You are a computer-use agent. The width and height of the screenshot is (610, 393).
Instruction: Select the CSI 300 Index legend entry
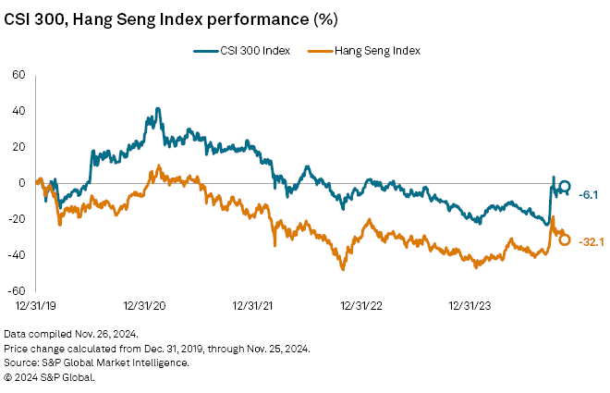pos(250,51)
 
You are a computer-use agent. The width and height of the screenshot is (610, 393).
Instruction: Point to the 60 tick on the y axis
pos(18,75)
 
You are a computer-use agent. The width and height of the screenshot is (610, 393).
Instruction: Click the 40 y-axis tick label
pos(18,111)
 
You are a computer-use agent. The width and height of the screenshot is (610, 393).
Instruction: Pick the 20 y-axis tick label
pos(18,147)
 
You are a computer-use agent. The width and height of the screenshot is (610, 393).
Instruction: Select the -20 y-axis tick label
pos(17,218)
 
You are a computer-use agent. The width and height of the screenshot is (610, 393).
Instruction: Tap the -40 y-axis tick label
pos(17,254)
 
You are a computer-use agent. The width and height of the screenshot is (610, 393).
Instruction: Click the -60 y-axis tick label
pos(17,290)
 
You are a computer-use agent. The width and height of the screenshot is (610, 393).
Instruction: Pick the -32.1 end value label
pos(591,241)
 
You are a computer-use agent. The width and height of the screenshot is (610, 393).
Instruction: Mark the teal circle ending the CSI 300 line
pos(565,186)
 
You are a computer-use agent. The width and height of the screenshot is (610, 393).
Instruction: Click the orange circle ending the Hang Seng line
pos(565,239)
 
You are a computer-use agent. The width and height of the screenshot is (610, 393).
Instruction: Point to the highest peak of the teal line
pos(158,108)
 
